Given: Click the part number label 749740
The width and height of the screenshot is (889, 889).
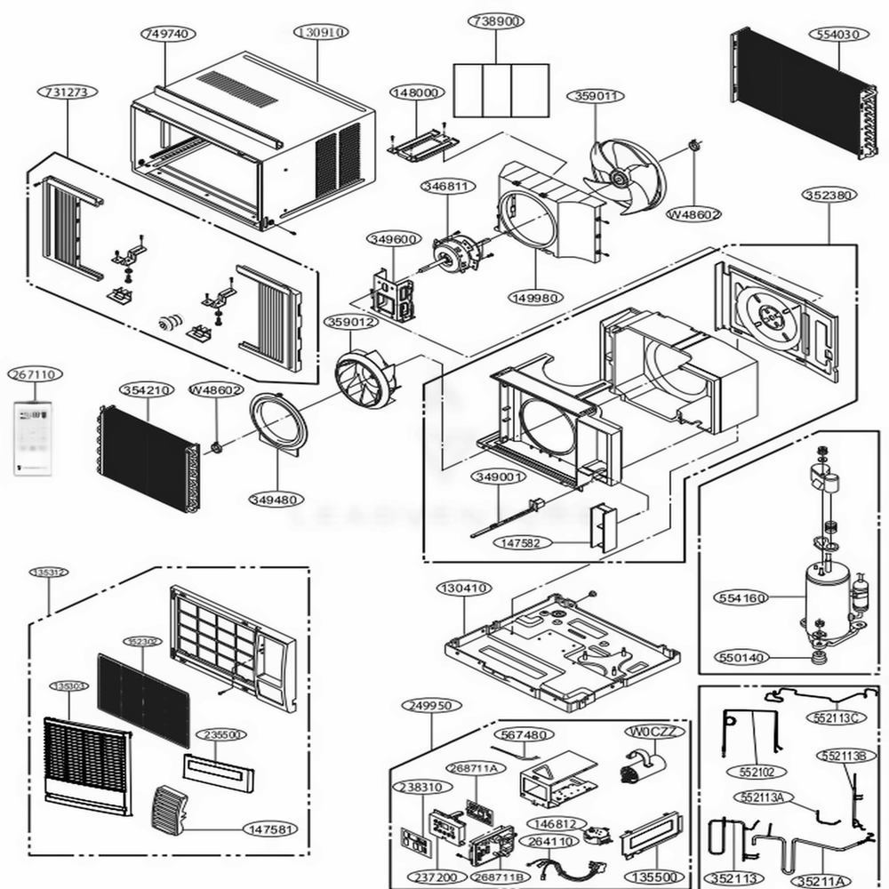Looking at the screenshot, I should point(164,32).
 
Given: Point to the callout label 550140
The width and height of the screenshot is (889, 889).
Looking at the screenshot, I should point(741,658).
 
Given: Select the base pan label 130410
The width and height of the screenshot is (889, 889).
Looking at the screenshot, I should point(463,588).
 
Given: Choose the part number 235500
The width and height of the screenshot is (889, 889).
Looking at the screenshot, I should point(222,735).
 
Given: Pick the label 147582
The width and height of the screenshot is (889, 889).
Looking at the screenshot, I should point(526,541).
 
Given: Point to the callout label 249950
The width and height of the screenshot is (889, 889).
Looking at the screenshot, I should point(431,705).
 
